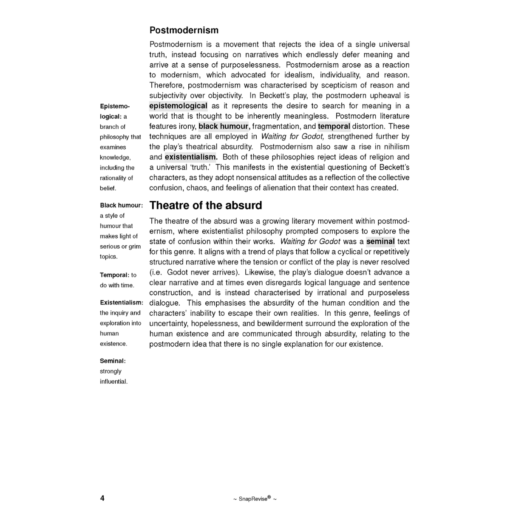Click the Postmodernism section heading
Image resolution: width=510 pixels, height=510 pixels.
coord(184,31)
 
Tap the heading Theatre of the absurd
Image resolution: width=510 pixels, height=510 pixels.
coord(206,206)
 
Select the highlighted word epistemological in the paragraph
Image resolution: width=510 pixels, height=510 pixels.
coord(178,106)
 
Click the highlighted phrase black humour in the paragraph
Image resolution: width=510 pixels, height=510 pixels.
coord(223,126)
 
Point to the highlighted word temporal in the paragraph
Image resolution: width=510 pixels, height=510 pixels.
coord(334,126)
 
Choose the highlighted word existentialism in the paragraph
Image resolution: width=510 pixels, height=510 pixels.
coord(191,157)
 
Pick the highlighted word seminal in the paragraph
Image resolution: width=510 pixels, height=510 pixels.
coord(380,241)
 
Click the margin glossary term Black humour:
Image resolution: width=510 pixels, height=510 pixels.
coord(121,205)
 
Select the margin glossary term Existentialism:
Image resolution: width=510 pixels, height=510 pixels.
coord(122,303)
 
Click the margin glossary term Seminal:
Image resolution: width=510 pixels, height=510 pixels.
coord(113,361)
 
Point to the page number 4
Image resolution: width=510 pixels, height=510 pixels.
coord(102,498)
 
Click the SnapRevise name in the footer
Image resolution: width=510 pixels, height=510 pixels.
coord(253,499)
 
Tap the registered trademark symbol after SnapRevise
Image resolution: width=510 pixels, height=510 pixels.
coord(269,497)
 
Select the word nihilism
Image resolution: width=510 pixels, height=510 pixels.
coord(396,147)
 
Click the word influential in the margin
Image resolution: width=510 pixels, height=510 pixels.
coord(113,381)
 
